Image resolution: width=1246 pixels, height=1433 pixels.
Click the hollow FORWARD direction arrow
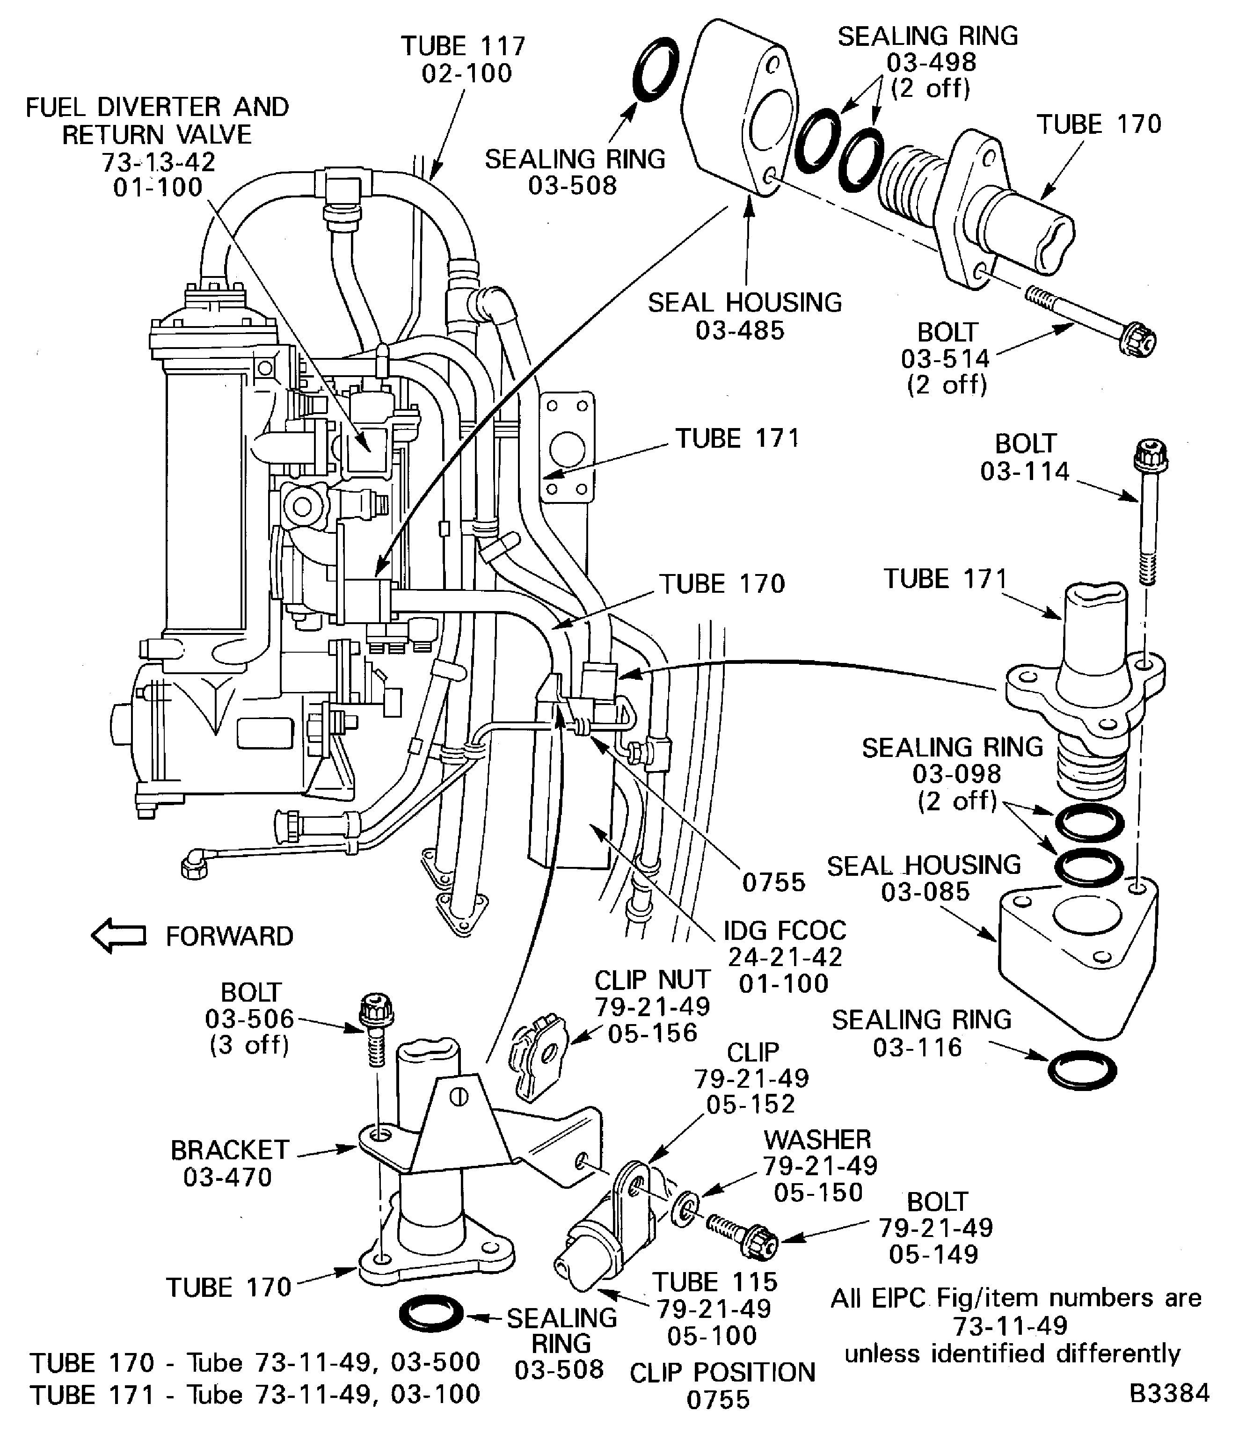[x=119, y=935]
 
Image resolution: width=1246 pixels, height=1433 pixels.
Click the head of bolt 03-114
[x=1150, y=455]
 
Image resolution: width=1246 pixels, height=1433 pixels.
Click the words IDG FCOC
[x=784, y=930]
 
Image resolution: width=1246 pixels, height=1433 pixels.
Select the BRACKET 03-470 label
[x=229, y=1163]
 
